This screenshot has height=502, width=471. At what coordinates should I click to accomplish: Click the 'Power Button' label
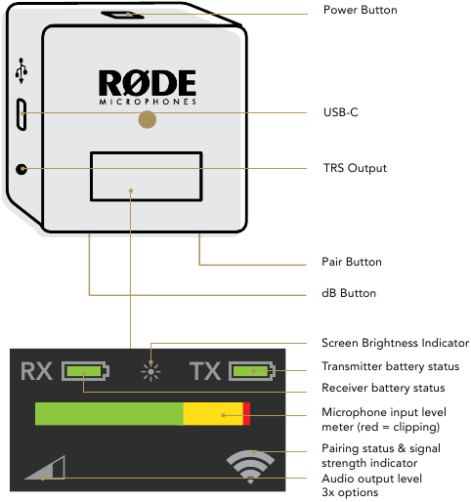pos(360,10)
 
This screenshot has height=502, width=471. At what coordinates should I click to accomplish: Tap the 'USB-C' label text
pos(340,112)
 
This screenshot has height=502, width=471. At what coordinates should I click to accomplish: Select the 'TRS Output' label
pos(354,168)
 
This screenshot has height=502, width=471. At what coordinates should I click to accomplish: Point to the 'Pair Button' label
pos(351,262)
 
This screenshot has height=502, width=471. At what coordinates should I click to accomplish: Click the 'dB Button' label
pos(349,293)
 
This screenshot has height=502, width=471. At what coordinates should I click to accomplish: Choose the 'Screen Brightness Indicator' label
pos(395,343)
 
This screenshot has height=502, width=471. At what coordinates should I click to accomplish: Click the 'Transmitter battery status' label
pos(392,366)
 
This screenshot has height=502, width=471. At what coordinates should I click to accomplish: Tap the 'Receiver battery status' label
pos(383,389)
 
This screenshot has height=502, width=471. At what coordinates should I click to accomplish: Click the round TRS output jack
pos(21,169)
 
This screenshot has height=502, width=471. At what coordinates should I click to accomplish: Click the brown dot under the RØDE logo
pos(147,119)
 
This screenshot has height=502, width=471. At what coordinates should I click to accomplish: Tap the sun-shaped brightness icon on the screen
pos(150,371)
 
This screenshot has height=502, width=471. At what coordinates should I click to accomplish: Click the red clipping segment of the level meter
pos(246,413)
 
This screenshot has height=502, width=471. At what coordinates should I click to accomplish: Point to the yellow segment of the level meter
pos(213,413)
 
